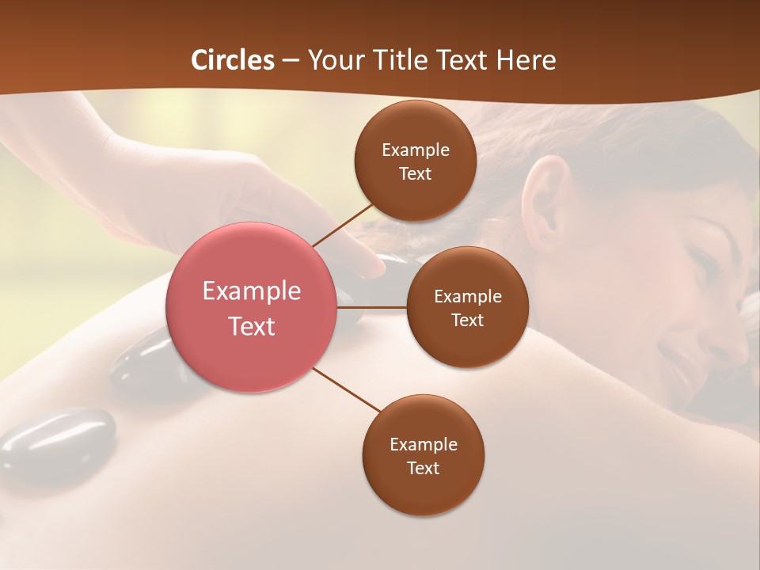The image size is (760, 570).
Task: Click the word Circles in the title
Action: click(x=232, y=60)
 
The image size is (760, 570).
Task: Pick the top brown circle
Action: click(x=416, y=161)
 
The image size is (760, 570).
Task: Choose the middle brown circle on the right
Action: click(x=468, y=307)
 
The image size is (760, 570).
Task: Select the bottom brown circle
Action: click(x=424, y=455)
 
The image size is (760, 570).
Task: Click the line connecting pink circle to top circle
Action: click(x=343, y=225)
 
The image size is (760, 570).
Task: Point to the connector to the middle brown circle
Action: click(x=372, y=306)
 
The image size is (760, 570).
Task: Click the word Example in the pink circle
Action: click(x=252, y=291)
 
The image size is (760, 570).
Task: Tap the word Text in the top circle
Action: click(x=416, y=173)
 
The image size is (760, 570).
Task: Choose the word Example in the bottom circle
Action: click(x=424, y=444)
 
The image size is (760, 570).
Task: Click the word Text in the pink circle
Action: click(x=252, y=325)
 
